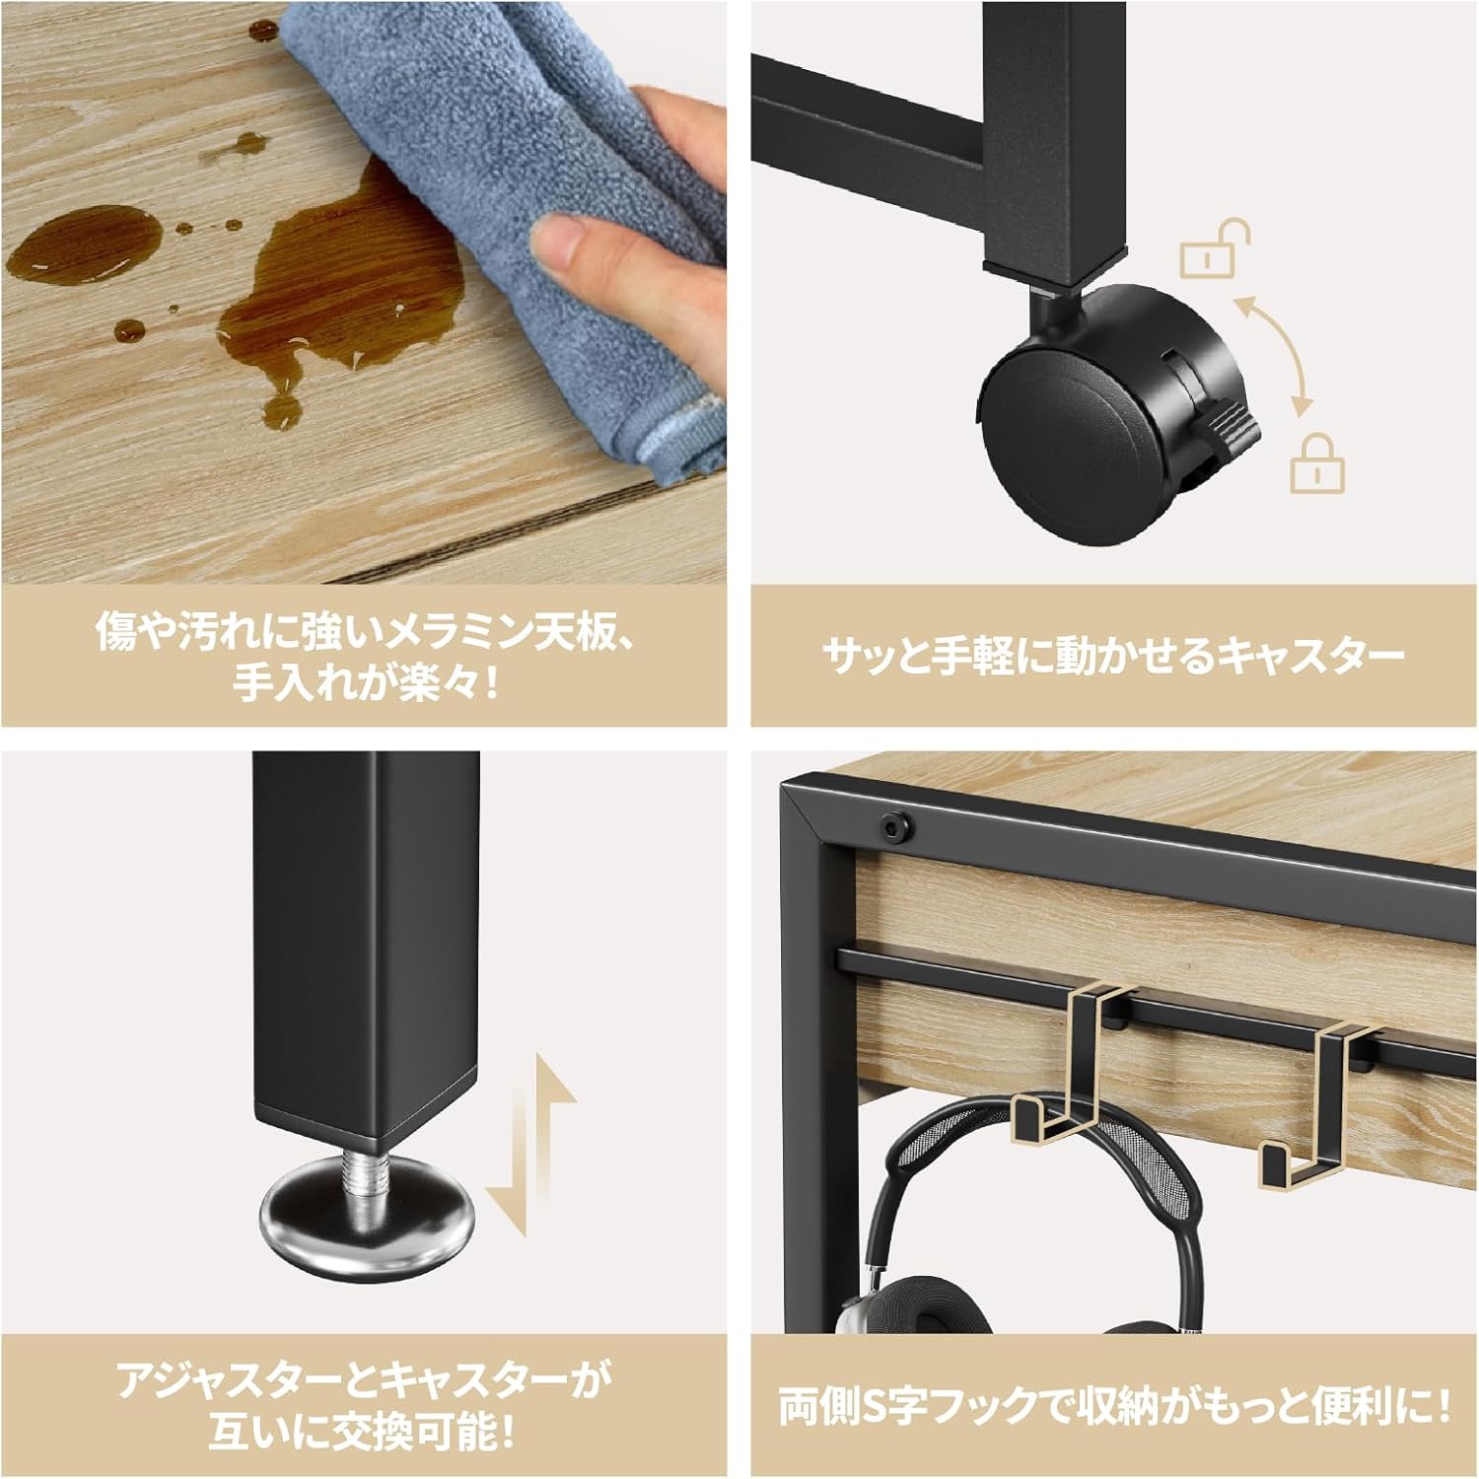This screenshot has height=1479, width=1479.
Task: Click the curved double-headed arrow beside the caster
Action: [1277, 350]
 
